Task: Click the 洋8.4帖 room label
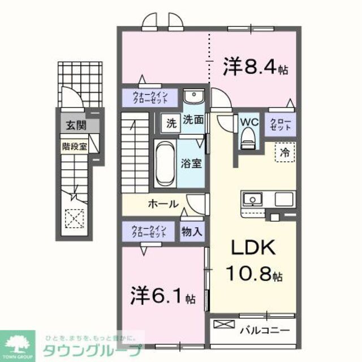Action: click(x=255, y=68)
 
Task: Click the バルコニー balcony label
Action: click(x=264, y=329)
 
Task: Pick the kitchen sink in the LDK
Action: click(x=252, y=199)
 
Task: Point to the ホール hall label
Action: click(x=163, y=204)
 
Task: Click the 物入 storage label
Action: click(x=192, y=231)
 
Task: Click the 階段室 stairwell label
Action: click(x=74, y=145)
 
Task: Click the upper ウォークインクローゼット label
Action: click(x=150, y=97)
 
